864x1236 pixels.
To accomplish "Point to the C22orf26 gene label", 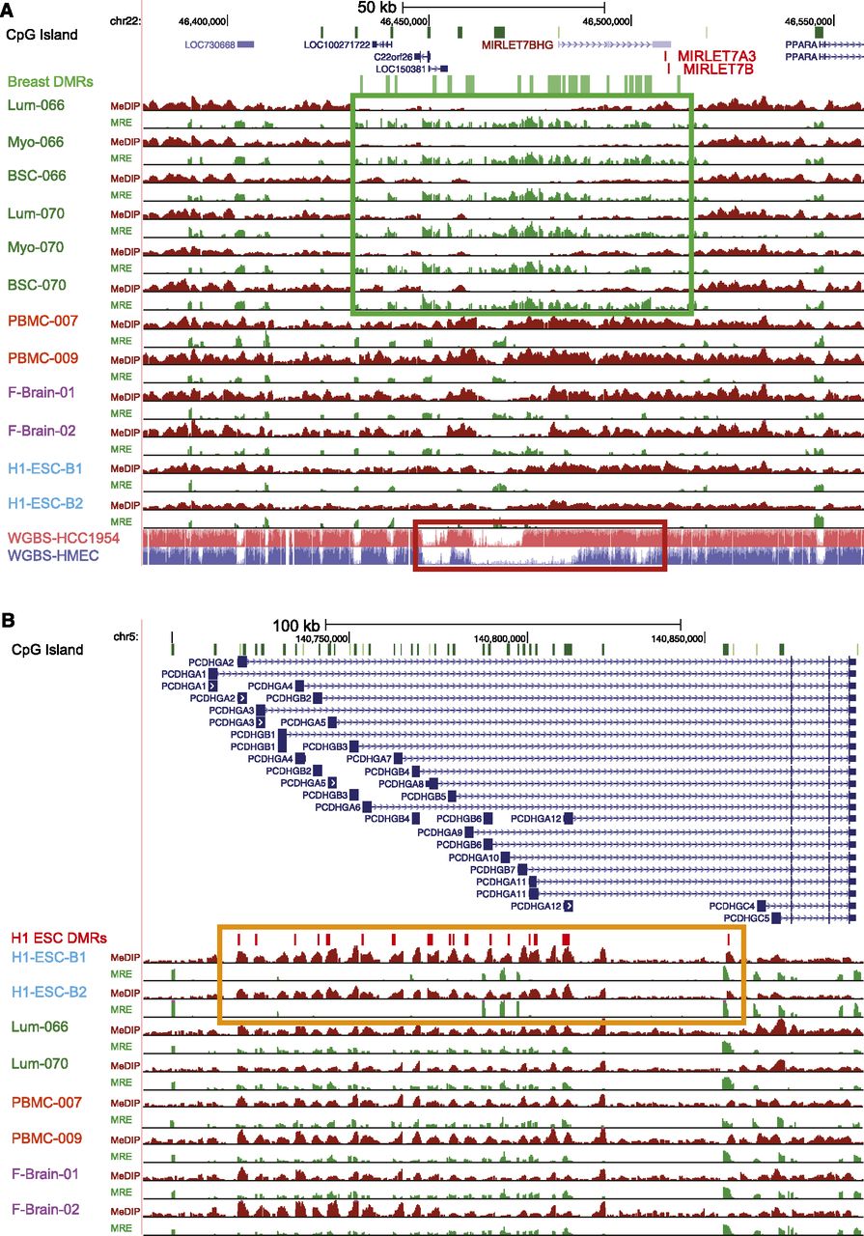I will [393, 57].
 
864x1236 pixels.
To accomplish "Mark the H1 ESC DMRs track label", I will [58, 937].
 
